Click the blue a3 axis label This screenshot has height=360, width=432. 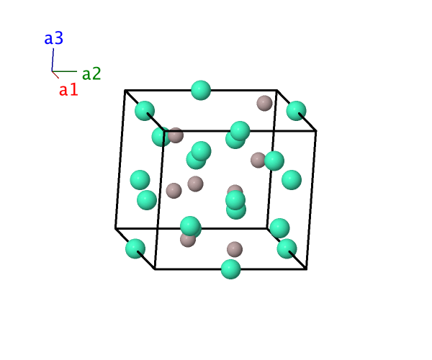coord(54,38)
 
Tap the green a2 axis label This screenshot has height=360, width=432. coord(91,73)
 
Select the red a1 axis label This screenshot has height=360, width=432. coord(68,89)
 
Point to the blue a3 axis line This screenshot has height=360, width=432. coord(53,60)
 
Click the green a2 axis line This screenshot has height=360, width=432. coord(65,71)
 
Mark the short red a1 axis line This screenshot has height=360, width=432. coord(55,75)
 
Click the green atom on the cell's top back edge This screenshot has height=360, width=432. coord(201,90)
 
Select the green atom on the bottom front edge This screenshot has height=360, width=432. coord(231,269)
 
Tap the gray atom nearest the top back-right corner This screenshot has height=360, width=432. coord(264,103)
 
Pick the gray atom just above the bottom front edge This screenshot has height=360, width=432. coord(235,250)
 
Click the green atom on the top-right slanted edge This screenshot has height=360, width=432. coord(296,111)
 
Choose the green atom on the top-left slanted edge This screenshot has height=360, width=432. coord(145,111)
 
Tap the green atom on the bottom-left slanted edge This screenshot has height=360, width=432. coord(135,248)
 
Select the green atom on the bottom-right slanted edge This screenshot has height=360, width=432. coord(287,248)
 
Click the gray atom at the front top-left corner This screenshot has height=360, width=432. coord(176,135)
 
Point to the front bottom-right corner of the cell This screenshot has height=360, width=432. coord(307,269)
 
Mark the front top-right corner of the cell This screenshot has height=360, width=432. coord(316,131)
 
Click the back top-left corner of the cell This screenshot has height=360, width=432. coord(125,90)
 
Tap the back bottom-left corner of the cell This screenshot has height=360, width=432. coord(115,228)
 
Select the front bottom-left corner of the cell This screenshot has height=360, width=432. coord(155,269)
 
